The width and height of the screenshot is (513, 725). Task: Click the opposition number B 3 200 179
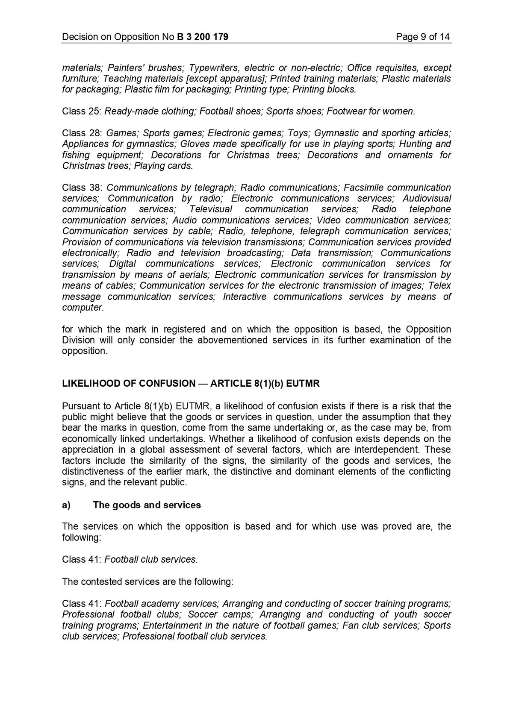(x=202, y=37)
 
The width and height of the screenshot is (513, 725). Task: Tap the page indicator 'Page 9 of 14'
(x=422, y=37)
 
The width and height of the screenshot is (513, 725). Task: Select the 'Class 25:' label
(x=81, y=112)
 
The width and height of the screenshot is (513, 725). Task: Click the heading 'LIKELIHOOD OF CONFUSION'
(x=128, y=383)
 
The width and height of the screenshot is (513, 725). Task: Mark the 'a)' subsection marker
(x=66, y=505)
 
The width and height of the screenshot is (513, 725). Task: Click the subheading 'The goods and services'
(x=147, y=505)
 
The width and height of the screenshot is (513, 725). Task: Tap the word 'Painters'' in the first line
(x=126, y=68)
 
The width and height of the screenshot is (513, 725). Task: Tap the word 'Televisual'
(x=210, y=209)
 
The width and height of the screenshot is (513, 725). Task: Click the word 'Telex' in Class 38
(x=439, y=285)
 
